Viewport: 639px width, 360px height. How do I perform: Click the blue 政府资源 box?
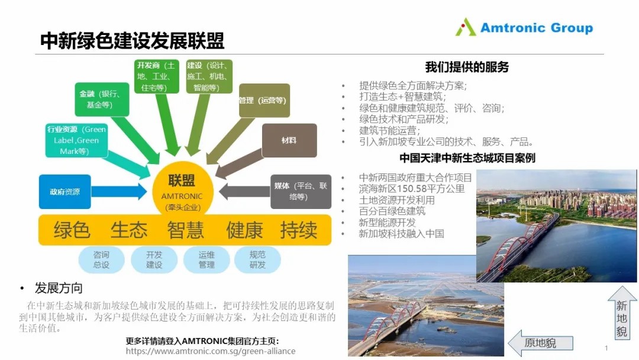coord(65,192)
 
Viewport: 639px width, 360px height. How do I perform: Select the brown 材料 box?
coord(289,140)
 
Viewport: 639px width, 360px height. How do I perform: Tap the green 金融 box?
coord(102,99)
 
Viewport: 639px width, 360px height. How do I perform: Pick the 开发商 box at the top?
coord(156,76)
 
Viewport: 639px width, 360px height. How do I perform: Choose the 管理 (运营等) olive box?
coord(264,100)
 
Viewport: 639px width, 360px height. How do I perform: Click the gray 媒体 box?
coord(301,192)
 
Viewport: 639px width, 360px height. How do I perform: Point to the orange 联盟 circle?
coord(182,190)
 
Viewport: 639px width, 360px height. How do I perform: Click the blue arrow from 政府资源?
coord(119,192)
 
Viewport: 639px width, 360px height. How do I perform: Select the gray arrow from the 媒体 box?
coord(244,192)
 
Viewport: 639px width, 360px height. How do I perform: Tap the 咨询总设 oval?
coord(101,260)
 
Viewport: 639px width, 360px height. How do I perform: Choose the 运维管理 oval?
coord(206,260)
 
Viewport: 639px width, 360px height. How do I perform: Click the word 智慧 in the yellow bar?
coord(185,230)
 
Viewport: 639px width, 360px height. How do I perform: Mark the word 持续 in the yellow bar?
coord(299,230)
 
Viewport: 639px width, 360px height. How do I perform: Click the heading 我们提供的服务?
coord(467,67)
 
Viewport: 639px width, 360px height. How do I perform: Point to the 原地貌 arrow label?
coord(540,343)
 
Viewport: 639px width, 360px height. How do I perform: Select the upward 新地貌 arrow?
coord(622,312)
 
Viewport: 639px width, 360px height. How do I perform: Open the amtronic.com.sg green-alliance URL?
coord(210,351)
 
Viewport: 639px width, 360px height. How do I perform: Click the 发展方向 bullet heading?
coord(59,288)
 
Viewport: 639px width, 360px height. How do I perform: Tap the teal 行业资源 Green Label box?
coord(76,140)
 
